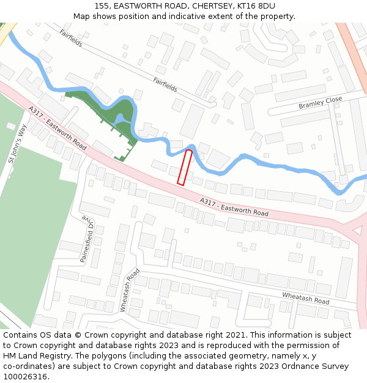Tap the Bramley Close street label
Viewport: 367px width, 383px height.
[320, 102]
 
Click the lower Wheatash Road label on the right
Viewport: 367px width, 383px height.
[305, 298]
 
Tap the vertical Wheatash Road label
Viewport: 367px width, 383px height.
[130, 290]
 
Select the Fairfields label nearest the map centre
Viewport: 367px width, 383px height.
[165, 85]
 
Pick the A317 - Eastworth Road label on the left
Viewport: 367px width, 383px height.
[57, 127]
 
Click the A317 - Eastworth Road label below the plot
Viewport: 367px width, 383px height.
[234, 207]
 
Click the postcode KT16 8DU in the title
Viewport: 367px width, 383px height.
[254, 6]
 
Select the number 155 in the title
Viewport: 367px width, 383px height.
[103, 6]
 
